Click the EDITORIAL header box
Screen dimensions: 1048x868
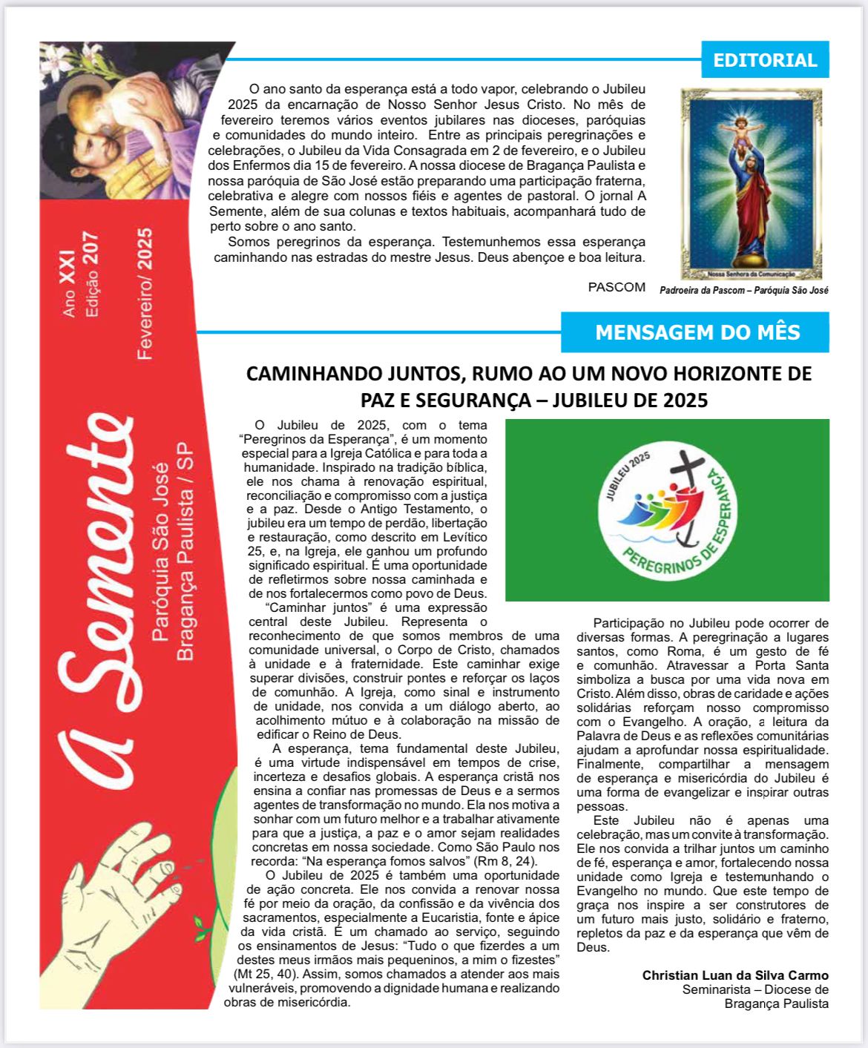click(x=765, y=60)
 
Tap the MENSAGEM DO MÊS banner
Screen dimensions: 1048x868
click(x=697, y=332)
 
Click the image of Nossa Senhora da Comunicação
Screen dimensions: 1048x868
click(x=752, y=184)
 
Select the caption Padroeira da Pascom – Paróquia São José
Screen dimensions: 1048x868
click(x=744, y=291)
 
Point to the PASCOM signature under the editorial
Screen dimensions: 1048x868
click(x=617, y=287)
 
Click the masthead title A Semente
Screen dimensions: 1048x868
click(x=96, y=601)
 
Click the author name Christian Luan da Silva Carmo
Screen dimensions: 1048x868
click(x=735, y=975)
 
